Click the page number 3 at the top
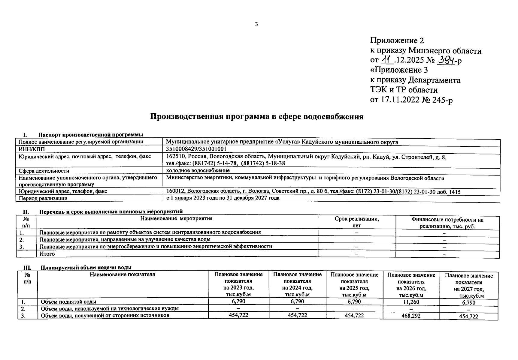click(256, 24)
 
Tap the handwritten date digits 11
click(387, 60)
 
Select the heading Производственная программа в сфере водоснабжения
click(257, 116)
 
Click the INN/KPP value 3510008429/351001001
click(196, 149)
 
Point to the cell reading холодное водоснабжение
click(198, 170)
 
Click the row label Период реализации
click(43, 198)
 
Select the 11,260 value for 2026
click(411, 302)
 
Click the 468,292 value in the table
click(411, 316)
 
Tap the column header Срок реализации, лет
click(356, 222)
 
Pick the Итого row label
click(47, 254)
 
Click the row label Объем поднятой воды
click(68, 302)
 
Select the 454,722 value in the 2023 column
click(238, 315)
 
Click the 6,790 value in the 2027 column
click(468, 302)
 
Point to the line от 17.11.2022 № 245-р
click(411, 100)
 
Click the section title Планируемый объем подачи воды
click(86, 268)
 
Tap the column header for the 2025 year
click(354, 284)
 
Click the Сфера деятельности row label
click(44, 171)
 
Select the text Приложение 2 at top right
click(397, 40)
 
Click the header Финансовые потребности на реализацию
click(447, 223)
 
